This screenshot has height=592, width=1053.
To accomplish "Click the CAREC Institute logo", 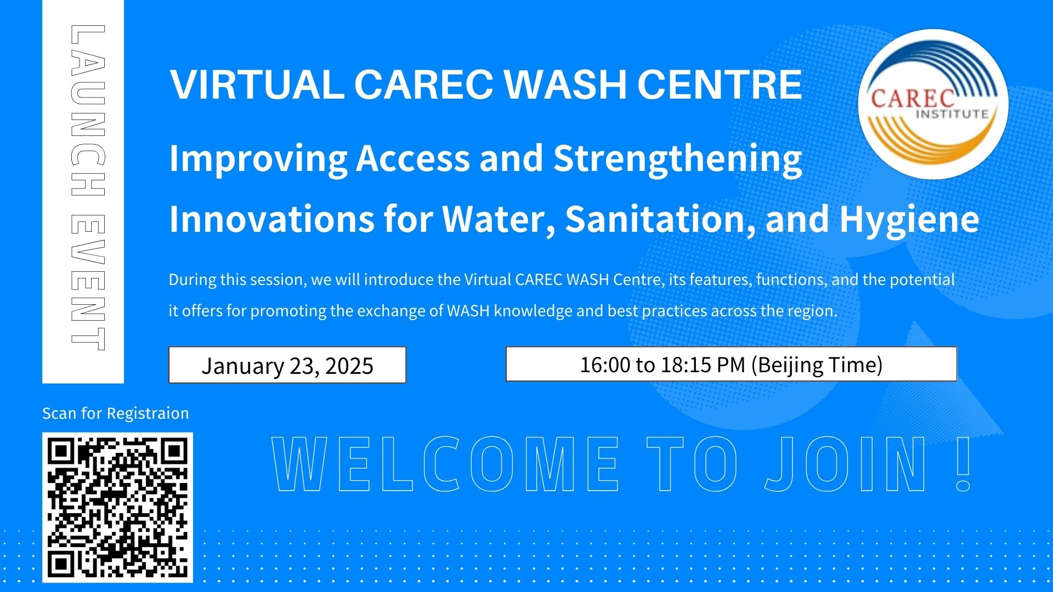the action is pos(933,104).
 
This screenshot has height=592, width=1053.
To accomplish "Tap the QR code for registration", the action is pos(117,507).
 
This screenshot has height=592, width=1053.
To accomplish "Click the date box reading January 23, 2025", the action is pos(287,365).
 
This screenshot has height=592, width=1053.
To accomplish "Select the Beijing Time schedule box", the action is pos(731,364).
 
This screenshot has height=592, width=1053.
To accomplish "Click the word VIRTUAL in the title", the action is pos(257,85).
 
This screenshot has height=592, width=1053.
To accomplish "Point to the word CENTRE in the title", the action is pos(720,85).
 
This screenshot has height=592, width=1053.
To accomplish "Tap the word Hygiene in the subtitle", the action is pos(909,220).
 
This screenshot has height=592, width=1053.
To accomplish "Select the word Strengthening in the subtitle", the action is pos(677,159).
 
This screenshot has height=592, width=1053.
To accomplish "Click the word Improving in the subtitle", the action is pos(258,159).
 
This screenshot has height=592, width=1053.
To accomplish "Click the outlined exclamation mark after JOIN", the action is pos(964,463).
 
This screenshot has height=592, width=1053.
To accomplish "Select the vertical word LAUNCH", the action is pos(88,110).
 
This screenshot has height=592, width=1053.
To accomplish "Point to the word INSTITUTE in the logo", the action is pos(952,114).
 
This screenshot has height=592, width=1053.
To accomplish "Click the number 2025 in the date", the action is pos(349,366).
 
